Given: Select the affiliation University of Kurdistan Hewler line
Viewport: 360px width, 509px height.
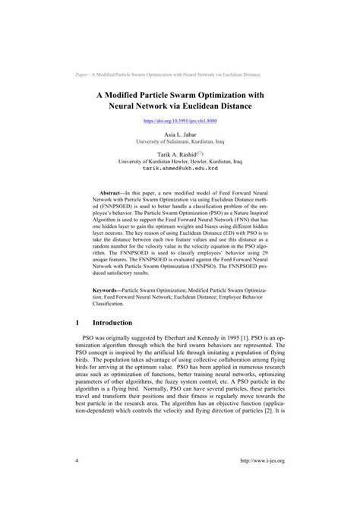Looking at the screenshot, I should pos(179,160).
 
